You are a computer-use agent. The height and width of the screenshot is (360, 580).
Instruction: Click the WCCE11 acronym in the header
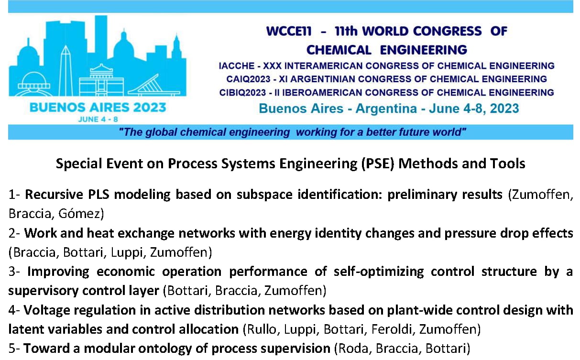point(289,32)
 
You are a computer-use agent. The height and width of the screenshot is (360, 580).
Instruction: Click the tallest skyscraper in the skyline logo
point(101,39)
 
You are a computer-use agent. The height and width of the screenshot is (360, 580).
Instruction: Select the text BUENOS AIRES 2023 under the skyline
point(98,108)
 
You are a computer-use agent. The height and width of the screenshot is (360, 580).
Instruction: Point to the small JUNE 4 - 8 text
point(98,120)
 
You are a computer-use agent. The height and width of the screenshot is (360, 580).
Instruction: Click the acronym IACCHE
point(236,66)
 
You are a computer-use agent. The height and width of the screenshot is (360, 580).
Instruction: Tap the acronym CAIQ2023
point(248,79)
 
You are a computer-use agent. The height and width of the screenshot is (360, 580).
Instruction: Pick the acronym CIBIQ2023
point(242,92)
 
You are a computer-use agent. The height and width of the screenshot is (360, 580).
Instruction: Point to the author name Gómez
point(81,214)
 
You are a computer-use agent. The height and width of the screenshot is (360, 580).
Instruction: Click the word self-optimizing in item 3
point(379,272)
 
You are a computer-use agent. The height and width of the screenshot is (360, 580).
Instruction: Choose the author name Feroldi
point(392,329)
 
